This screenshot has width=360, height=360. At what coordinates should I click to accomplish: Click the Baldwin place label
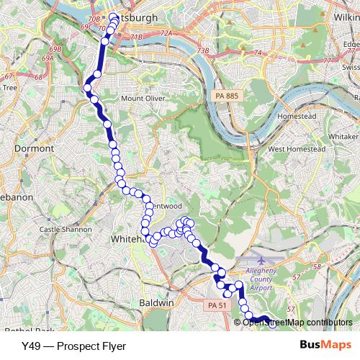158,304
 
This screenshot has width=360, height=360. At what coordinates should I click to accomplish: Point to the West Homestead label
297,148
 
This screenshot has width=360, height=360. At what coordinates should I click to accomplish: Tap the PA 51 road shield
217,306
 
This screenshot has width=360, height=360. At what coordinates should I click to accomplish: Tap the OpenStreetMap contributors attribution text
297,322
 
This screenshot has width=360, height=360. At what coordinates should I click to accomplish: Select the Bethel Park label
29,330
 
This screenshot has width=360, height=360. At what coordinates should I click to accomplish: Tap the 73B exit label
202,50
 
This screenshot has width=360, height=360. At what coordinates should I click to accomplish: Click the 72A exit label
167,33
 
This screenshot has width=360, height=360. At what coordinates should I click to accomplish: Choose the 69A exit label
48,58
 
